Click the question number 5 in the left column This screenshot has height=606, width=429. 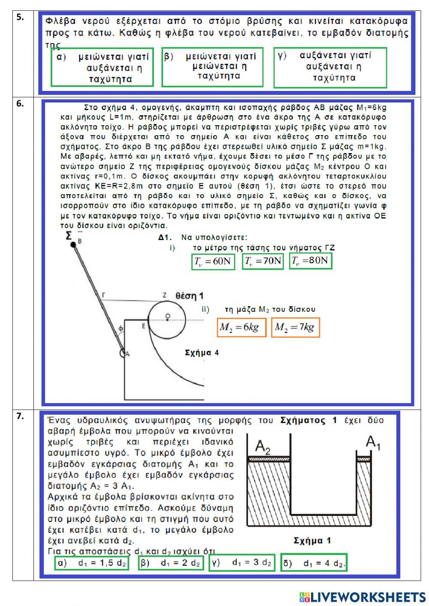click(x=20, y=18)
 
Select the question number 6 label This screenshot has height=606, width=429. click(x=20, y=103)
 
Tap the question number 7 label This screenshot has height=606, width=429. click(x=20, y=416)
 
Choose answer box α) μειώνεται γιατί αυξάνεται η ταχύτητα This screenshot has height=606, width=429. click(x=102, y=68)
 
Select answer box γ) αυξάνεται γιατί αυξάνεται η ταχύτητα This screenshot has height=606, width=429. click(x=330, y=68)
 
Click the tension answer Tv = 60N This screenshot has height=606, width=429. click(x=213, y=261)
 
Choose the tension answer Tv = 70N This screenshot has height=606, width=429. click(x=263, y=261)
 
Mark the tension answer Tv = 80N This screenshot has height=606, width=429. click(x=311, y=260)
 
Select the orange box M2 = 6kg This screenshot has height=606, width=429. click(x=241, y=328)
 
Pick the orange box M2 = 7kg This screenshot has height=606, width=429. click(x=296, y=328)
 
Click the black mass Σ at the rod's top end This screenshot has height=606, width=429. click(x=73, y=244)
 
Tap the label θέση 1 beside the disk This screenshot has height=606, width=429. click(x=189, y=296)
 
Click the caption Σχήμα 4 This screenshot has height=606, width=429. click(x=202, y=353)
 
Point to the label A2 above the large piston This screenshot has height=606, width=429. click(x=263, y=446)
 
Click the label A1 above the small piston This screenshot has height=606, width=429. click(x=373, y=442)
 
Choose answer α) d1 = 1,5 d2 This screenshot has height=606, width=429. click(x=91, y=563)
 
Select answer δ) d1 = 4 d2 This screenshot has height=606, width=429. click(x=314, y=563)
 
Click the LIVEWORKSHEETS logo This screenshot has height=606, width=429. click(x=362, y=597)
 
